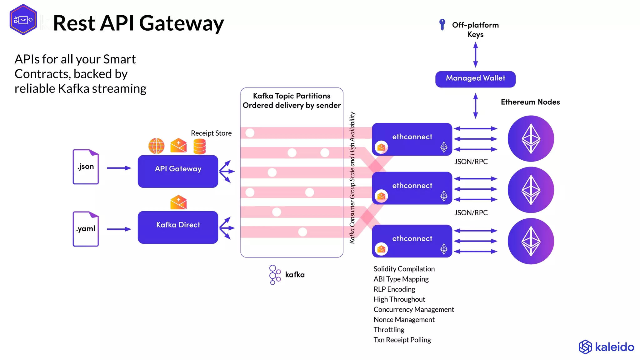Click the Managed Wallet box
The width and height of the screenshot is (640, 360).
[475, 79]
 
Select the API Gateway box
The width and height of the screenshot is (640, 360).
[178, 171]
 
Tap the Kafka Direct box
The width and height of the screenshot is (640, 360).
[178, 227]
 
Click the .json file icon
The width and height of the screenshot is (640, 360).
[86, 167]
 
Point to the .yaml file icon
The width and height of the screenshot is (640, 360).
[86, 229]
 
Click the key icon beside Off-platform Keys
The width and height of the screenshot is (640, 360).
[442, 24]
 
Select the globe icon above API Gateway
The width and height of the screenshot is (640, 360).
[156, 146]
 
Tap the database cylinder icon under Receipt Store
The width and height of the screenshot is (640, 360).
[199, 146]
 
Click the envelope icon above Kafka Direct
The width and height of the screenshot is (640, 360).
[178, 202]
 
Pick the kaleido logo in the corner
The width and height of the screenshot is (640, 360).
[606, 347]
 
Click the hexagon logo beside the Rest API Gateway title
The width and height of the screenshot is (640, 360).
[23, 20]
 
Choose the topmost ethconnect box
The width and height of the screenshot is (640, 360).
[412, 139]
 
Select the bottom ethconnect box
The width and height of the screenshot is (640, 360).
[412, 241]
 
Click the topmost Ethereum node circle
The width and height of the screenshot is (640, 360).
[531, 138]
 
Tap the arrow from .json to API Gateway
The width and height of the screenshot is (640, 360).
[119, 168]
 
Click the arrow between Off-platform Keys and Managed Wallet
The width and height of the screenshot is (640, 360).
[475, 55]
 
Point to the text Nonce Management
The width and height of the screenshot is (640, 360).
[404, 319]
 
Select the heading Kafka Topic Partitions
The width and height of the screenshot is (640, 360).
[292, 96]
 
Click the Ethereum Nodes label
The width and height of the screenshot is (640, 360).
[530, 102]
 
